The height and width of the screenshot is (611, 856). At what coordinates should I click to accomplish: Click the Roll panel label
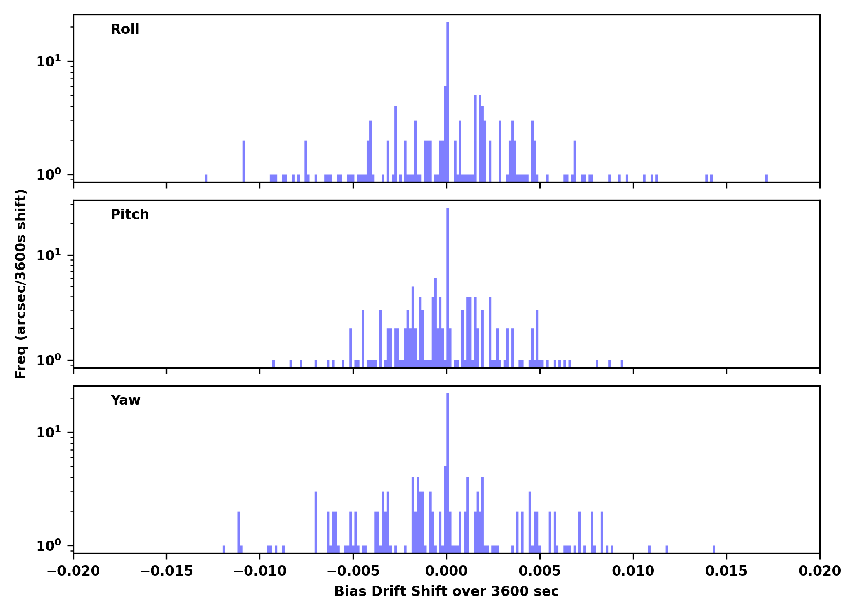pos(125,29)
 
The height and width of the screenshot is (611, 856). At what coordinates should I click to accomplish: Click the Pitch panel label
pos(130,215)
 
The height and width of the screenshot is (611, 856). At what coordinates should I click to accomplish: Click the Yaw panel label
pos(126,400)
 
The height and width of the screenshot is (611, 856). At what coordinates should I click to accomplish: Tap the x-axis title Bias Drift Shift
pos(446,591)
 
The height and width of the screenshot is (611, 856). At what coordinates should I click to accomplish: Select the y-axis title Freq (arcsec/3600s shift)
pos(21,284)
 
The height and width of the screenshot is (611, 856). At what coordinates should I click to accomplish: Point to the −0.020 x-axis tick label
pos(73,571)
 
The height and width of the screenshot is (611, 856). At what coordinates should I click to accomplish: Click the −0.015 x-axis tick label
pos(166,571)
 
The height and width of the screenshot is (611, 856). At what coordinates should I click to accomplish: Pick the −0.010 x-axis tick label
pos(260,571)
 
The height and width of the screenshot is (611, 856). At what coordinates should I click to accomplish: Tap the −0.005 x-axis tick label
pos(353,571)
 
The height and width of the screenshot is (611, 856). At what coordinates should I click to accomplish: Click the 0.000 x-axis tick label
pos(446,571)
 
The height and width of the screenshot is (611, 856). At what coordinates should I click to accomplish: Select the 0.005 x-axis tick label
pos(540,571)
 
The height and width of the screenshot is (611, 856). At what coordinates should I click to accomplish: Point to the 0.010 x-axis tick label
pos(633,571)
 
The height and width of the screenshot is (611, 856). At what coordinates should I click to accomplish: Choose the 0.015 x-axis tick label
pos(726,571)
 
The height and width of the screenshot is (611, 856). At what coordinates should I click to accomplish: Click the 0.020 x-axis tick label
pos(820,571)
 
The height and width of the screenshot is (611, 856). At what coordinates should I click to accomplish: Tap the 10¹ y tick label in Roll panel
pos(49,62)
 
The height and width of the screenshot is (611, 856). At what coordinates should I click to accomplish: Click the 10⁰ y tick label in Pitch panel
pos(49,360)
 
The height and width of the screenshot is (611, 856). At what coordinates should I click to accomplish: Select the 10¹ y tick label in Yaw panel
pos(49,433)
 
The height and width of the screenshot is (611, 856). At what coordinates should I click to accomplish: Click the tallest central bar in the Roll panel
pos(448,102)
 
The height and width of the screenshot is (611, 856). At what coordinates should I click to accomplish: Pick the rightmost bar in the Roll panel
pos(766,178)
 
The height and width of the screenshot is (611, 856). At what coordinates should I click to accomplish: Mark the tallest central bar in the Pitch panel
pos(448,285)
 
